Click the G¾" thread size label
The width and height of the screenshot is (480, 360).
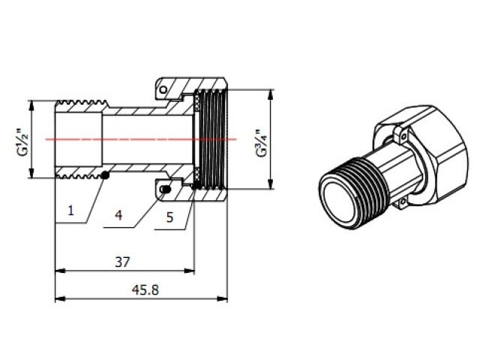click(x=259, y=142)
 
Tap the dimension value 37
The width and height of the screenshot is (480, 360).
click(x=123, y=262)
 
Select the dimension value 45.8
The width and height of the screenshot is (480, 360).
click(x=141, y=289)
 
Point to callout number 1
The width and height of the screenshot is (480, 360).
click(x=70, y=211)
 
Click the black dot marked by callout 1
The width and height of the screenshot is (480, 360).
click(x=106, y=175)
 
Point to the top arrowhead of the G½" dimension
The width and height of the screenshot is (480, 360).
click(x=31, y=104)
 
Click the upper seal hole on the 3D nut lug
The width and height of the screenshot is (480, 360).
click(x=402, y=135)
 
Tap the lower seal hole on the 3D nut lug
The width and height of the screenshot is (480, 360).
click(x=400, y=200)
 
